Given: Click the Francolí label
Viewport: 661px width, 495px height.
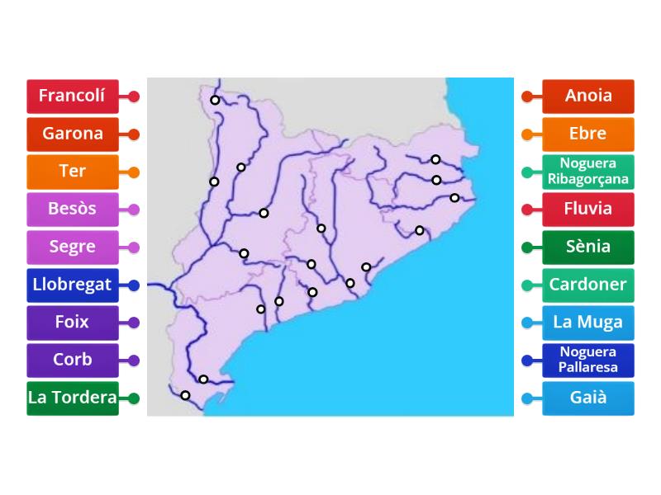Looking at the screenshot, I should coord(73,96).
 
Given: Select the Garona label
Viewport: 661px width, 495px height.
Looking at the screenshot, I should coord(73,134).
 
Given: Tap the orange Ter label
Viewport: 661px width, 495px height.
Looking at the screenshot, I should coord(73,172).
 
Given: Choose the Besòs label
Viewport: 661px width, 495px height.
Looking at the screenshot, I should coord(73,209).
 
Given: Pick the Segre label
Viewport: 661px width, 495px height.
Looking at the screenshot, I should coord(73,247).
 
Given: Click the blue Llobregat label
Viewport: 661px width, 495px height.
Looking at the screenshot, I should coord(73,285).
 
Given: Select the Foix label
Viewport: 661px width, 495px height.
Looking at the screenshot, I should coord(73,323).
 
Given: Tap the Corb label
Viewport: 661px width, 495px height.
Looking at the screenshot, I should coord(73,360).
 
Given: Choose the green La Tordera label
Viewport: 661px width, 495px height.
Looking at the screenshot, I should coord(73,398).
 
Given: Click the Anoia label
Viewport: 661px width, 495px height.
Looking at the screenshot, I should coord(588,96).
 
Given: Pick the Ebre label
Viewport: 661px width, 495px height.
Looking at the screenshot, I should coord(588,134).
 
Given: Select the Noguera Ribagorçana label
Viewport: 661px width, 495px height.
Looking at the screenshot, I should coord(588,172).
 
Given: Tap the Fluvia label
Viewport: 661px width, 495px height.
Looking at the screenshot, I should coord(588,209).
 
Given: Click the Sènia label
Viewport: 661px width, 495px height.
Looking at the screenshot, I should coord(588,247).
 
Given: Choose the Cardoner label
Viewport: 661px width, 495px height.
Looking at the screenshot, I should coord(588,285).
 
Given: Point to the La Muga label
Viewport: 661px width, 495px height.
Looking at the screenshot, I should coord(588,323).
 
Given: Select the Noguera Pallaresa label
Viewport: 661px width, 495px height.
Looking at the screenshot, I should coord(588,360).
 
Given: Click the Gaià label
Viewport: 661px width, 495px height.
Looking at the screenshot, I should coord(588,398).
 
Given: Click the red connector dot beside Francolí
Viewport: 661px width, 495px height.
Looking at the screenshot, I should coord(134,97).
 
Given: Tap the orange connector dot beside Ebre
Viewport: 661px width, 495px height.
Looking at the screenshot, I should coord(527,134).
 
